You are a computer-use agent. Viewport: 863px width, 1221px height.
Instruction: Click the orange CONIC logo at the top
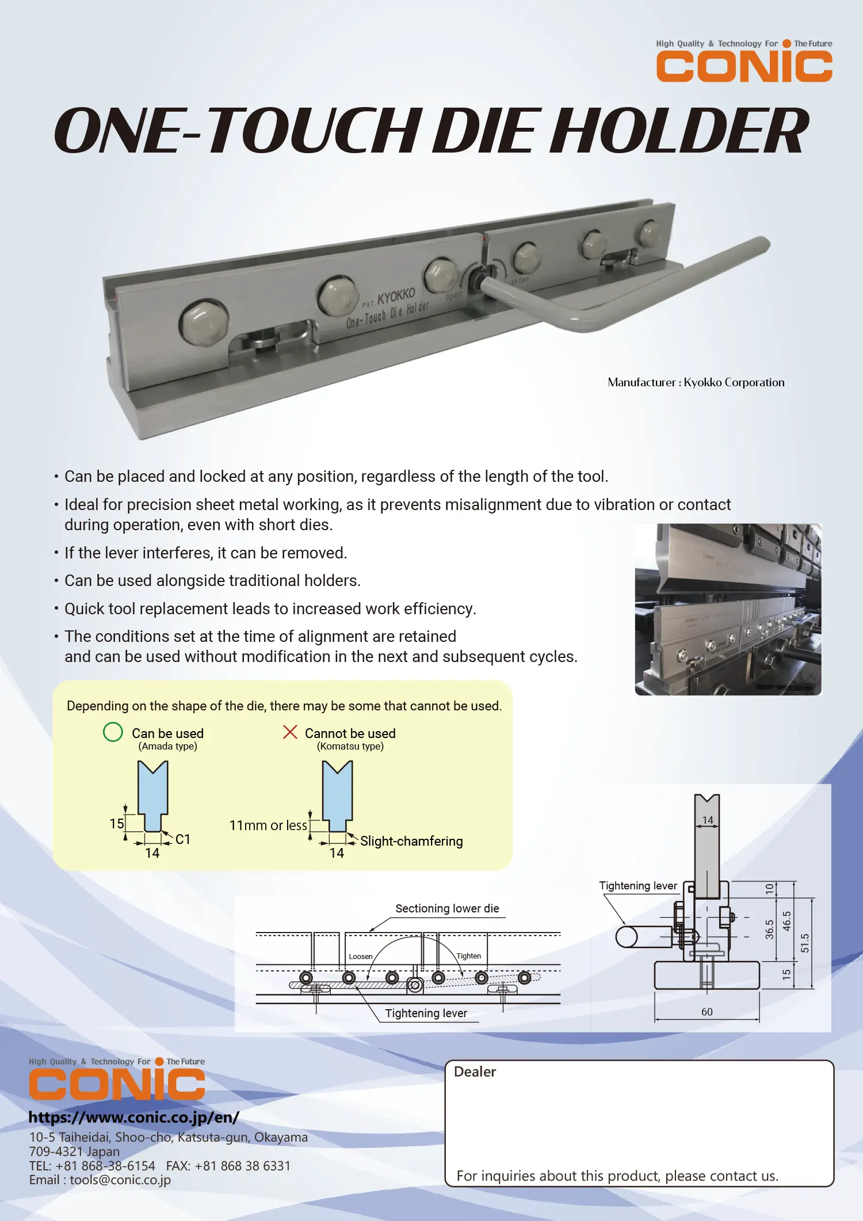pyautogui.click(x=744, y=66)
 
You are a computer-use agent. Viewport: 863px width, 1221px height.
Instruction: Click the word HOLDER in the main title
pyautogui.click(x=679, y=131)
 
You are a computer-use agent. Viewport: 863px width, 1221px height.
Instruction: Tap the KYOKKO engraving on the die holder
pyautogui.click(x=396, y=297)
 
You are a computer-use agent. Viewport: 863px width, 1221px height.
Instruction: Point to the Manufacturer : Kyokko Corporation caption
pyautogui.click(x=696, y=382)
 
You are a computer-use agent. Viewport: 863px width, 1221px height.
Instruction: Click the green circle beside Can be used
pyautogui.click(x=113, y=732)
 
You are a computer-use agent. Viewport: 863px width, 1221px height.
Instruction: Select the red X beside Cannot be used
pyautogui.click(x=290, y=732)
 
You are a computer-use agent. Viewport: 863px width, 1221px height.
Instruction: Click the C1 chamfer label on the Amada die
pyautogui.click(x=183, y=839)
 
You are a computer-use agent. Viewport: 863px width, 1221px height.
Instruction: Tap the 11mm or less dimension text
pyautogui.click(x=268, y=826)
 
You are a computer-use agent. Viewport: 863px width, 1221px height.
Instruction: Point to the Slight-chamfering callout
pyautogui.click(x=411, y=841)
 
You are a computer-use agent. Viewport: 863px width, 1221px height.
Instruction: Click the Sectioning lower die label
pyautogui.click(x=447, y=908)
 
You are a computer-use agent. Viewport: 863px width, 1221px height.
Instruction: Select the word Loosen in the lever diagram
pyautogui.click(x=361, y=957)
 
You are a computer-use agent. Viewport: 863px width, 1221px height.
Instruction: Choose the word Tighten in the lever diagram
pyautogui.click(x=468, y=956)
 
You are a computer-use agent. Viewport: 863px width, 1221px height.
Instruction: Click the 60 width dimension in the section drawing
pyautogui.click(x=707, y=1011)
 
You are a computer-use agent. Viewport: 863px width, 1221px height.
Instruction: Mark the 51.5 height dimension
pyautogui.click(x=805, y=943)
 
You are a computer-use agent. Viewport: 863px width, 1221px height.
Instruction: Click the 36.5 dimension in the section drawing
pyautogui.click(x=769, y=929)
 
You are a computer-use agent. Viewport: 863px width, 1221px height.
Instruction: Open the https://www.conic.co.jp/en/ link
pyautogui.click(x=133, y=1117)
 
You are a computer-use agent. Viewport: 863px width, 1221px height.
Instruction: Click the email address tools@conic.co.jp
pyautogui.click(x=120, y=1180)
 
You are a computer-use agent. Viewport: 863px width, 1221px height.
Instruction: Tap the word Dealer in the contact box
pyautogui.click(x=475, y=1072)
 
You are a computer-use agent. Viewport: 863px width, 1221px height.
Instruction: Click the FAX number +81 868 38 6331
pyautogui.click(x=242, y=1166)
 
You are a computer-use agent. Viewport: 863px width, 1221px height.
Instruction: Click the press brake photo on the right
pyautogui.click(x=728, y=609)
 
